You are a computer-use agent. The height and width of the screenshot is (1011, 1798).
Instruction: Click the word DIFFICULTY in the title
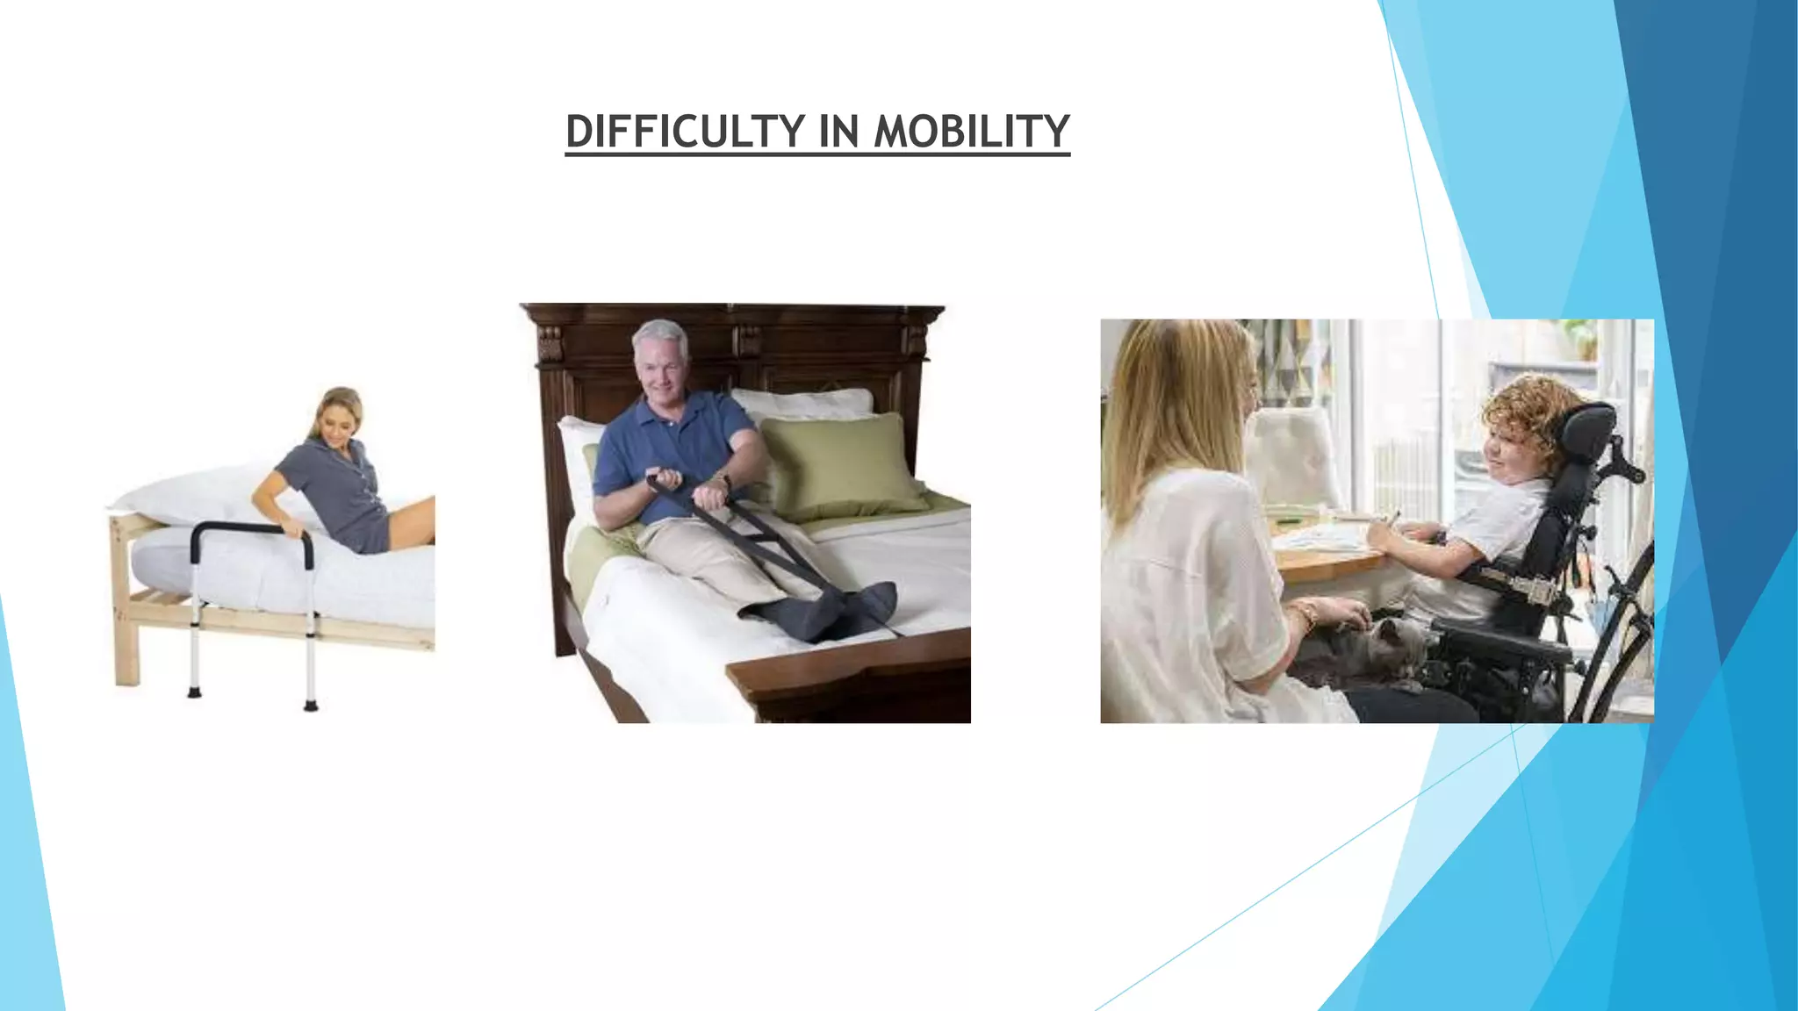coord(685,132)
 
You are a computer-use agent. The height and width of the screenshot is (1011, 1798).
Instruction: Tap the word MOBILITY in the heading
coord(971,132)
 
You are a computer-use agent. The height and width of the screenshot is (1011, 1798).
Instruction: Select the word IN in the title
coord(838,132)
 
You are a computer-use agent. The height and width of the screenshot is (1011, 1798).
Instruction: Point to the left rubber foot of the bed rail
coord(194,692)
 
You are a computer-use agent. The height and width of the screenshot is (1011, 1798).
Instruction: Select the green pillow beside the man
coord(838,465)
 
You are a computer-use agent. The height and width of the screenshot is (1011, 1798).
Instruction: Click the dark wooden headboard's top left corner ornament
coord(550,342)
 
